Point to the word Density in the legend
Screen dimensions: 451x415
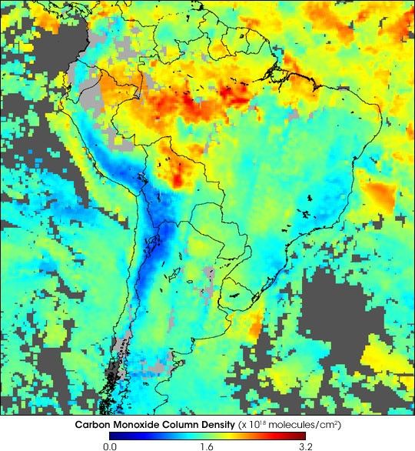(x=219, y=424)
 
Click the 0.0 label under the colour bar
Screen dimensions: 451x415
(x=110, y=444)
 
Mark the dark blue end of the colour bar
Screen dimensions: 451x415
(x=112, y=435)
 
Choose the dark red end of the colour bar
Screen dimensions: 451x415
(x=303, y=435)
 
